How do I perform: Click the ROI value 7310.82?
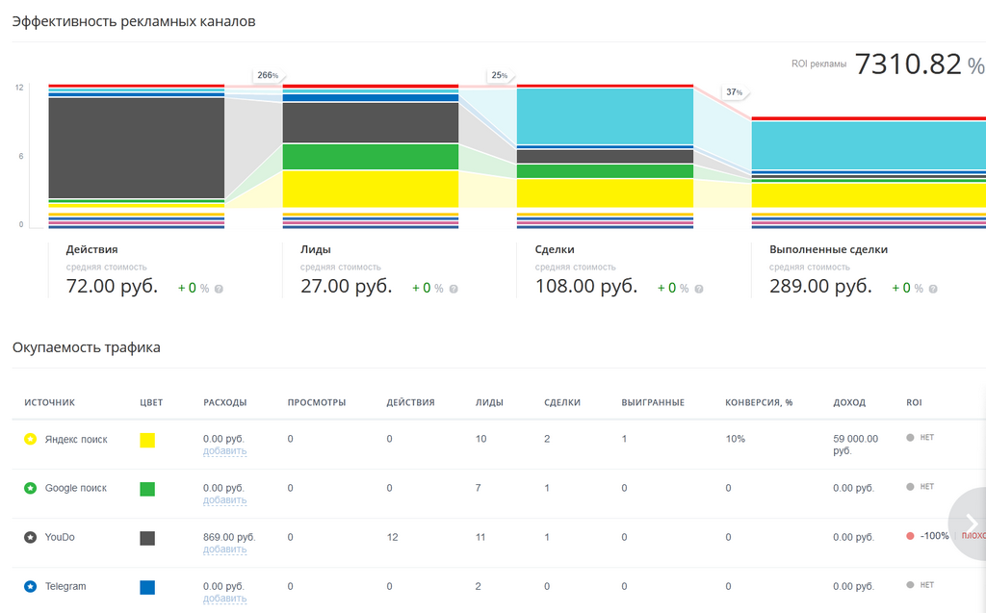(908, 64)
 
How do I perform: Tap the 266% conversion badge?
(268, 75)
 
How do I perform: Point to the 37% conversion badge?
(735, 92)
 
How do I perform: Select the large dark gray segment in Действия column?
(137, 148)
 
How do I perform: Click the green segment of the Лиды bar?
(371, 157)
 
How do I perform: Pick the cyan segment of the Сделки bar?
(605, 116)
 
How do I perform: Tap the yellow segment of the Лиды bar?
(371, 189)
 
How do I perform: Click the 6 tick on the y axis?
(21, 156)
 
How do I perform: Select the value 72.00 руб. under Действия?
(112, 286)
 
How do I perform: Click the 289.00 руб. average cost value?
(820, 286)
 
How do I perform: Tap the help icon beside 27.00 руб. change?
(454, 290)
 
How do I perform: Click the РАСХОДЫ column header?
(224, 402)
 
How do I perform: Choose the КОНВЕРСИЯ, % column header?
(759, 402)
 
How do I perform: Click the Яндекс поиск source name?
(76, 440)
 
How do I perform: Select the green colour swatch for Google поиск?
(147, 489)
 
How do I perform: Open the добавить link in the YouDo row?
(224, 549)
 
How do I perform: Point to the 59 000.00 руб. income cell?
(855, 445)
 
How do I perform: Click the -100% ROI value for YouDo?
(934, 536)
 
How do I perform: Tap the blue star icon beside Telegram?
(30, 587)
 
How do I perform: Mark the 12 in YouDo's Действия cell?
(393, 538)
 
